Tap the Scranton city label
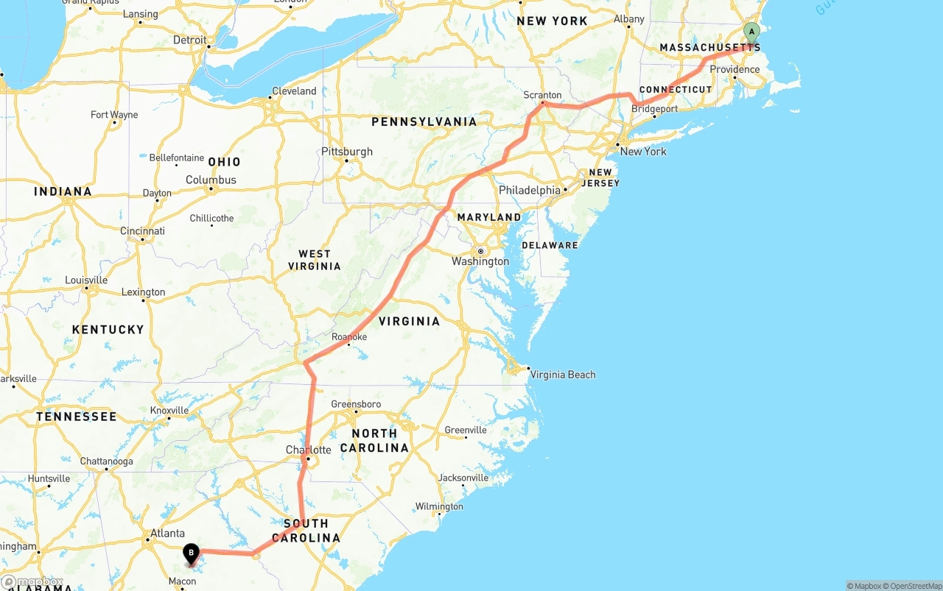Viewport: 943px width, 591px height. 542,95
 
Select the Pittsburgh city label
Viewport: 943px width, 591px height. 347,152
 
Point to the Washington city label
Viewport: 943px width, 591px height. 480,261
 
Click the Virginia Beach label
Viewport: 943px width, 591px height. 563,375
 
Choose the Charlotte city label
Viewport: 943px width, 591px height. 308,450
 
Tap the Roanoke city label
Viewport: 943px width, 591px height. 349,337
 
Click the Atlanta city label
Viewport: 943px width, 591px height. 167,533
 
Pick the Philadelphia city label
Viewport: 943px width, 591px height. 530,190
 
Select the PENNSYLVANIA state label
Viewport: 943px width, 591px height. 424,121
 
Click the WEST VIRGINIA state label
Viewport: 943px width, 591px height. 315,260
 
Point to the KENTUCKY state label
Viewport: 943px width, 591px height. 108,330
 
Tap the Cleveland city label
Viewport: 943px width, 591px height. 294,91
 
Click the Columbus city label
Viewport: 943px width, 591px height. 211,180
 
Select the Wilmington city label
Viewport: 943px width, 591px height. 439,506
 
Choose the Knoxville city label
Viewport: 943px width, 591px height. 169,410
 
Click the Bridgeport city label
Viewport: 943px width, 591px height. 655,109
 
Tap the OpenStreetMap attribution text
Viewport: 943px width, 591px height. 914,586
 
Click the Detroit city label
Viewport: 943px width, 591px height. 190,40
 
